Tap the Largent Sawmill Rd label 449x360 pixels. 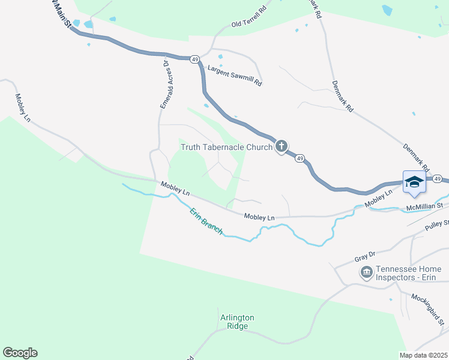point(235,76)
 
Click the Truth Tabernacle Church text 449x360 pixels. point(227,146)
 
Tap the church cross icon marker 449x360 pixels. point(281,146)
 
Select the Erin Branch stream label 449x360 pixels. point(206,220)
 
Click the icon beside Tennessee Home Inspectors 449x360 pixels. point(366,273)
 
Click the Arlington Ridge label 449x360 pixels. point(236,322)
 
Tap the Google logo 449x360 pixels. point(20,353)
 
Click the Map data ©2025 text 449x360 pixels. point(423,355)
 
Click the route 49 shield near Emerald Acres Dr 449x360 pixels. point(194,59)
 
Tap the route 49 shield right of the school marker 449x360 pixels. point(438,179)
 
